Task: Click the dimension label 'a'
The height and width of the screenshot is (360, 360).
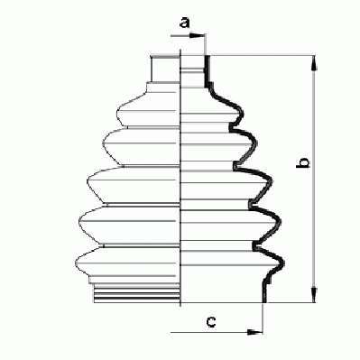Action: click(185, 23)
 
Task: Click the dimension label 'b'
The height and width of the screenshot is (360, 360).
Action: click(303, 162)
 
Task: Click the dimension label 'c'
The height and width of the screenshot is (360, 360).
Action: click(211, 322)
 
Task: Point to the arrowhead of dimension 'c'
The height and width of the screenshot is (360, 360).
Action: click(254, 332)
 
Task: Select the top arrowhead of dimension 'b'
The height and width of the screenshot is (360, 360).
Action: click(314, 62)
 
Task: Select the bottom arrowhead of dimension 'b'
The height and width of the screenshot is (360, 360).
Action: click(314, 295)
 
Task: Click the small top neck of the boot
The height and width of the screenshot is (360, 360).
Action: click(165, 69)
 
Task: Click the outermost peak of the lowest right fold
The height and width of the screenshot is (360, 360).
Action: click(283, 263)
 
